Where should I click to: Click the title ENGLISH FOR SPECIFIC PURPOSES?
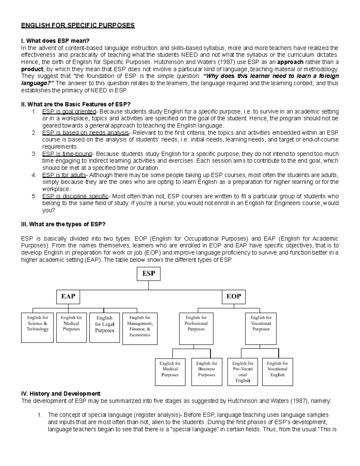point(78,25)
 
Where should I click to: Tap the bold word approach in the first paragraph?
point(290,62)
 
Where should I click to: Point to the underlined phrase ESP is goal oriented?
point(69,112)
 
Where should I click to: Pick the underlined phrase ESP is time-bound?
point(67,154)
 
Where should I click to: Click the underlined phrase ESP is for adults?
point(64,175)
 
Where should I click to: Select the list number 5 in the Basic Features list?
point(34,196)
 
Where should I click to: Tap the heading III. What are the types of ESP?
point(63,224)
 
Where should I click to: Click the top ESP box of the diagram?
point(148,274)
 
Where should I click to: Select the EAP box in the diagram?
point(68,296)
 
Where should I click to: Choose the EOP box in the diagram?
point(234,296)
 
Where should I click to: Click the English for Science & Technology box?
point(37,327)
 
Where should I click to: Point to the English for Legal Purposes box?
point(104,327)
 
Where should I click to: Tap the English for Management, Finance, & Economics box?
point(140,329)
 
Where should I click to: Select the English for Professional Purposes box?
point(196,329)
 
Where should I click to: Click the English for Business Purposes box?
point(207,371)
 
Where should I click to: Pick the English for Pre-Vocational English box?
point(243,371)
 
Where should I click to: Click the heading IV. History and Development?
point(61,393)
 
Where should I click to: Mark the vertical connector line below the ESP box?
point(148,285)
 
